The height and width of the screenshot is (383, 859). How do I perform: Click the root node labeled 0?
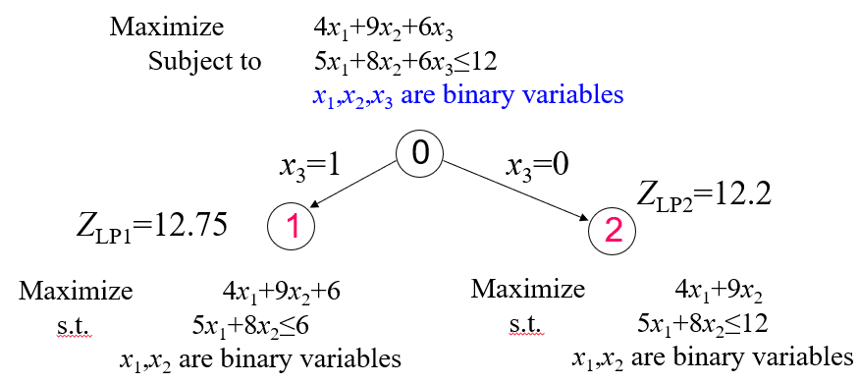click(x=420, y=153)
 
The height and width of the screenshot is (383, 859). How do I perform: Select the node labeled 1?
click(x=292, y=229)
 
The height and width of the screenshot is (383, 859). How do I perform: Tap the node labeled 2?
click(x=613, y=231)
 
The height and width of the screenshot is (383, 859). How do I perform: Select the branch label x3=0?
click(x=539, y=166)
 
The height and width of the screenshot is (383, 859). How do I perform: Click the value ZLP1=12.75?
click(x=151, y=225)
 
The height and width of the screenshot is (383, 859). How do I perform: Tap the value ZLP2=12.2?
click(x=705, y=192)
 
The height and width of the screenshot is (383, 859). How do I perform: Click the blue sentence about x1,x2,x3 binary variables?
click(x=467, y=95)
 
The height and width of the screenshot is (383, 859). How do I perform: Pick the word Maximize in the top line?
click(x=167, y=26)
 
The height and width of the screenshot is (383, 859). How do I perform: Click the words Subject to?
click(x=204, y=61)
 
